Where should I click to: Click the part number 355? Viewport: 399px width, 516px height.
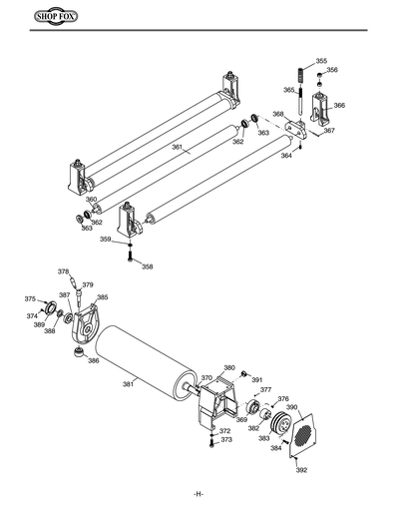click(x=320, y=61)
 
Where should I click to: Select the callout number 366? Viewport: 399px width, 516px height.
click(x=339, y=105)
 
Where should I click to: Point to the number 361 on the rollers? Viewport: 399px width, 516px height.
click(x=177, y=148)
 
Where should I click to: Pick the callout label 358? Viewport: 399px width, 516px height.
click(x=147, y=266)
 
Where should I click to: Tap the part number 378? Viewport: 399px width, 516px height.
click(x=63, y=271)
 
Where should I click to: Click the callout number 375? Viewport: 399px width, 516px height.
click(x=30, y=298)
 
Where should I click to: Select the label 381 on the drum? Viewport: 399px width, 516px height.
click(x=128, y=383)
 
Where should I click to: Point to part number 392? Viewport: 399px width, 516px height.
click(x=301, y=469)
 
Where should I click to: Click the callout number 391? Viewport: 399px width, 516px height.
click(x=256, y=380)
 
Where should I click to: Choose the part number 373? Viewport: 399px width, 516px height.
click(x=226, y=440)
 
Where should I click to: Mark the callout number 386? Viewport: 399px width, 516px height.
click(x=94, y=361)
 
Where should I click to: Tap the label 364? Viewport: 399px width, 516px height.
click(x=286, y=156)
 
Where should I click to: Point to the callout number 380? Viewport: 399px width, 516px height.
click(x=228, y=367)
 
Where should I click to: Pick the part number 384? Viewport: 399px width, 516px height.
click(x=276, y=448)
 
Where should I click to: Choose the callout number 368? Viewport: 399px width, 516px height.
click(x=277, y=114)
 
